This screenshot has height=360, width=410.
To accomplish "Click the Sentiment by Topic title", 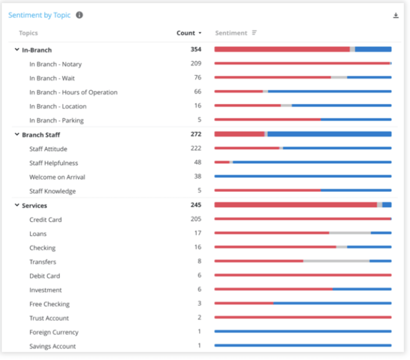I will click(x=39, y=15).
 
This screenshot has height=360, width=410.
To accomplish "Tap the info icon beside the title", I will click(x=79, y=15).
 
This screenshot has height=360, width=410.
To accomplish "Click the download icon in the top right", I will click(x=396, y=16).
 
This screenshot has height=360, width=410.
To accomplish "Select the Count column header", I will click(x=186, y=33).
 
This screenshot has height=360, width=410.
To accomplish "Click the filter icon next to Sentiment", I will click(x=254, y=33).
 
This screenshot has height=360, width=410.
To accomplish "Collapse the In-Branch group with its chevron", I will click(x=17, y=50).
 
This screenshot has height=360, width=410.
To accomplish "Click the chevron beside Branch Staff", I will click(x=17, y=134).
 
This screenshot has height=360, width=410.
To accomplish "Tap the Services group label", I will click(x=35, y=205).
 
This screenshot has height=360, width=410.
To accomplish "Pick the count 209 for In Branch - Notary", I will click(x=196, y=64).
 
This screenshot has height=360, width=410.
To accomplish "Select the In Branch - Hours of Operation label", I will click(x=73, y=92).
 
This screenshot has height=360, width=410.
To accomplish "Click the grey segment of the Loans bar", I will click(x=350, y=233).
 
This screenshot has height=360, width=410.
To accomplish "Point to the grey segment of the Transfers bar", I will click(x=336, y=261).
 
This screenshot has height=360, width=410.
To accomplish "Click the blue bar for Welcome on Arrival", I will click(x=303, y=176).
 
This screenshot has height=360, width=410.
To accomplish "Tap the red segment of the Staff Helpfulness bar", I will click(x=222, y=162).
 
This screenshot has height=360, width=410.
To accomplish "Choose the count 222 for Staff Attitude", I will click(x=196, y=148).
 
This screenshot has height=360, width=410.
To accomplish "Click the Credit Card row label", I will click(x=46, y=220).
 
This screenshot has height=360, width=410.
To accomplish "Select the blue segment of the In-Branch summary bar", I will click(x=373, y=49).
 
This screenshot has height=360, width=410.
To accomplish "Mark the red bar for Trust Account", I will click(x=303, y=318).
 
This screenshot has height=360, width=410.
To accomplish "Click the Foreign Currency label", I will click(x=54, y=332).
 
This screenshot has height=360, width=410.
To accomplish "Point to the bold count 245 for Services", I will click(x=196, y=205).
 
